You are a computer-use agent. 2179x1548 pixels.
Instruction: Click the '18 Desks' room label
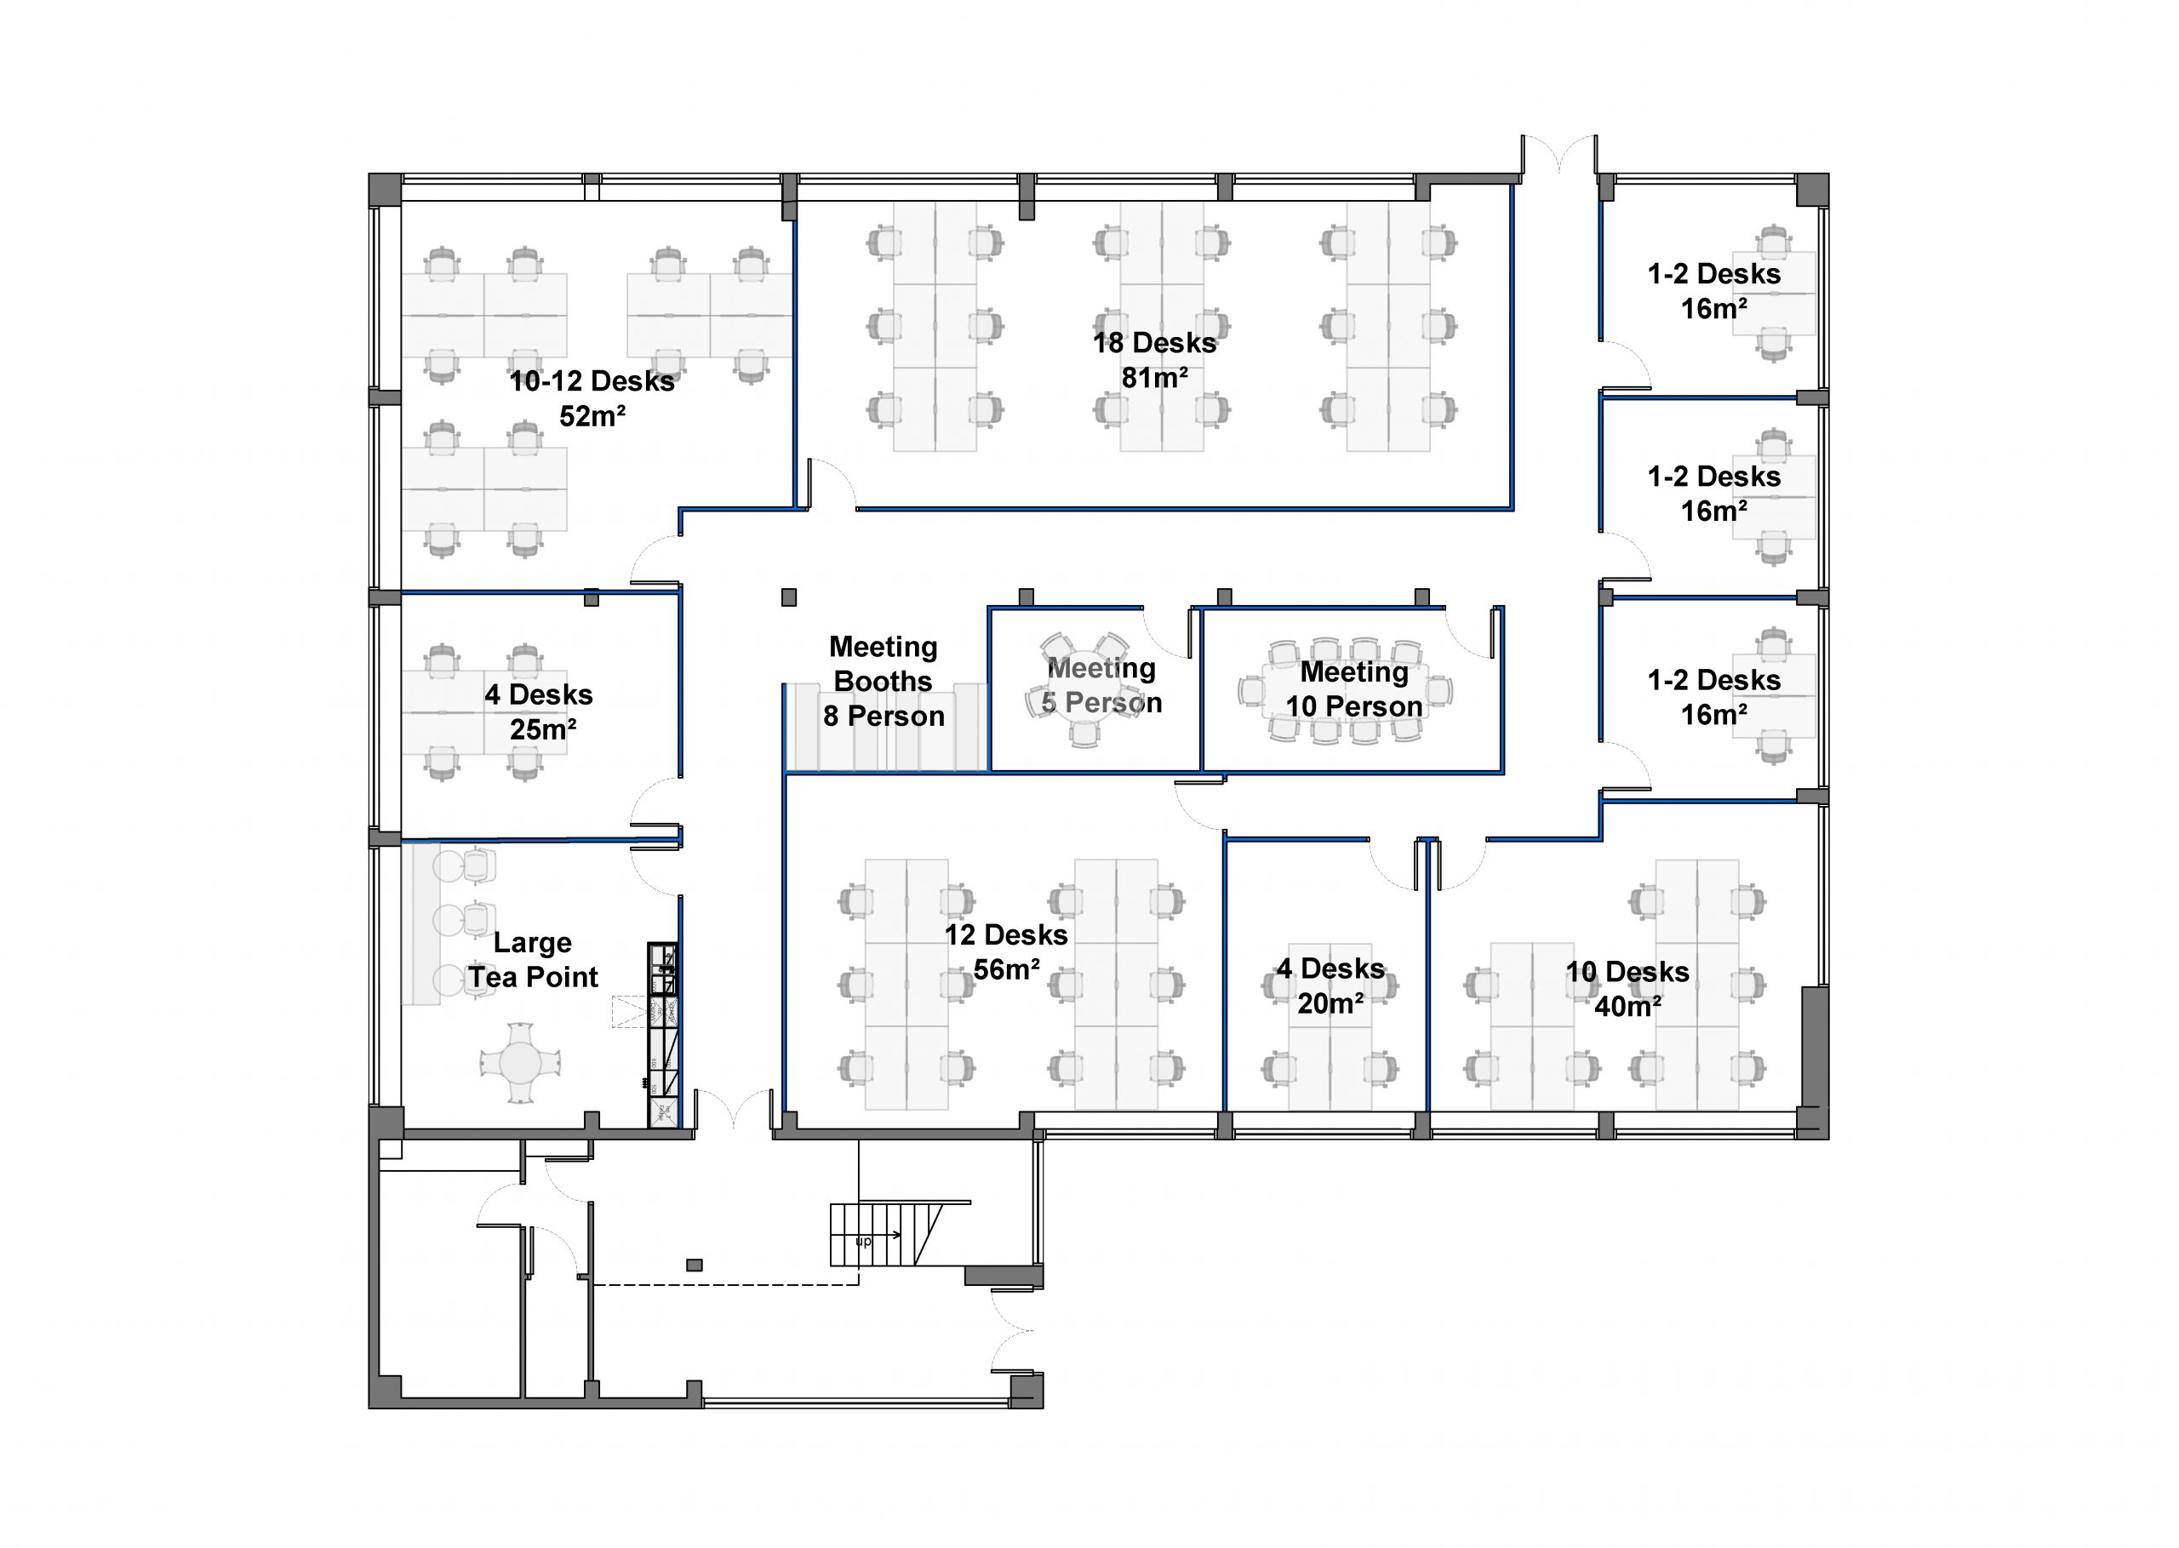click(x=1154, y=343)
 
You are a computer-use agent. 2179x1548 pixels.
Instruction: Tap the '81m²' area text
click(x=1154, y=379)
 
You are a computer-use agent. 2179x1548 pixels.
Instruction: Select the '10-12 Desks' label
click(x=592, y=381)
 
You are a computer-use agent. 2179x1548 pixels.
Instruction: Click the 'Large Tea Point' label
click(x=533, y=960)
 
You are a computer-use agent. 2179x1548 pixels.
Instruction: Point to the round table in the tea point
click(x=520, y=1062)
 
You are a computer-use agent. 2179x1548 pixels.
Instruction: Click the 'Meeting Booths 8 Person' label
click(x=884, y=682)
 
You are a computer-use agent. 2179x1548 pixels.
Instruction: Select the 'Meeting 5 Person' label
click(x=1102, y=686)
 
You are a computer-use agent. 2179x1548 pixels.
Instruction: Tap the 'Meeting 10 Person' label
click(x=1354, y=689)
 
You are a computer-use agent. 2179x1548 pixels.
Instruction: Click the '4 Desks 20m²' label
click(x=1330, y=986)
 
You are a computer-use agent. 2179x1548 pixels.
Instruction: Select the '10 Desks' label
click(x=1627, y=972)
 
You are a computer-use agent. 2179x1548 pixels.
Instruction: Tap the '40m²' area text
click(x=1627, y=1007)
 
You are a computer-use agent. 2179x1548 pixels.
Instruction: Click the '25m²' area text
click(x=542, y=730)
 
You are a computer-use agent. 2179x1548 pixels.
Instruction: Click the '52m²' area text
click(x=592, y=416)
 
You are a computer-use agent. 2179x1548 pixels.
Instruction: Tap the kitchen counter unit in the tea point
click(x=662, y=1035)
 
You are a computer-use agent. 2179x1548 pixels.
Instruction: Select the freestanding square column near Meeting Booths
click(x=788, y=597)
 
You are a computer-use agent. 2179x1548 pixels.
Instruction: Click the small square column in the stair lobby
click(x=694, y=1265)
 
